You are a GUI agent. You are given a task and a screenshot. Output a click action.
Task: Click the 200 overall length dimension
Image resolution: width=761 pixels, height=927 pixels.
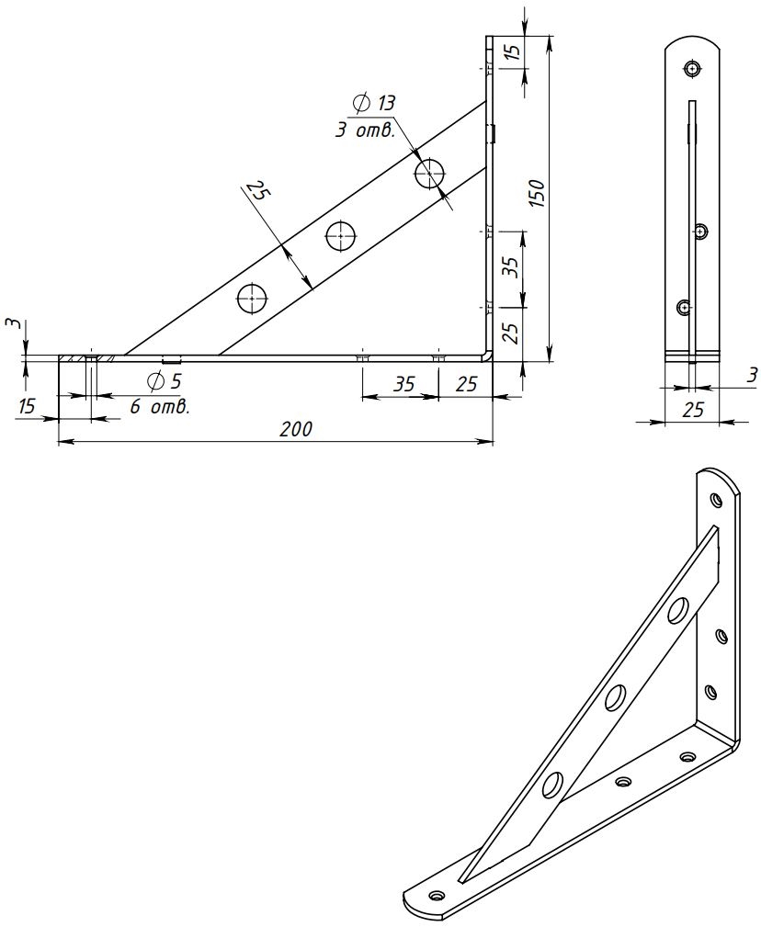(296, 429)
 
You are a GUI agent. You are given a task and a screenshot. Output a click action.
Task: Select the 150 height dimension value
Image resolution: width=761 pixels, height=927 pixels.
(537, 192)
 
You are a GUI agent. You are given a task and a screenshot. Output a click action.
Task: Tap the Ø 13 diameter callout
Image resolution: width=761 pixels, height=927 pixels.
(374, 103)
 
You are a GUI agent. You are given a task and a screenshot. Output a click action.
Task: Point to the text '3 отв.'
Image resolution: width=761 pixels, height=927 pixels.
(365, 130)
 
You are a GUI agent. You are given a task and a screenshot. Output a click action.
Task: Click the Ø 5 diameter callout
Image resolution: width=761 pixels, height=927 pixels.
(164, 380)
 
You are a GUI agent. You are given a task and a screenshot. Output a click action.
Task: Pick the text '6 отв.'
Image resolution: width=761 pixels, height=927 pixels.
(160, 407)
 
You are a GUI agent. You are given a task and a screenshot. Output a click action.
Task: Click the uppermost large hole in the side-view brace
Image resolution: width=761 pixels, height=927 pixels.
(430, 174)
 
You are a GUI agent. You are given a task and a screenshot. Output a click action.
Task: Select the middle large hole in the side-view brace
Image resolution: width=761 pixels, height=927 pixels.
(341, 236)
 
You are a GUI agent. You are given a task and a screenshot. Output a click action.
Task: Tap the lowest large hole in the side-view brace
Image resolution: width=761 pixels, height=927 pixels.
(253, 300)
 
